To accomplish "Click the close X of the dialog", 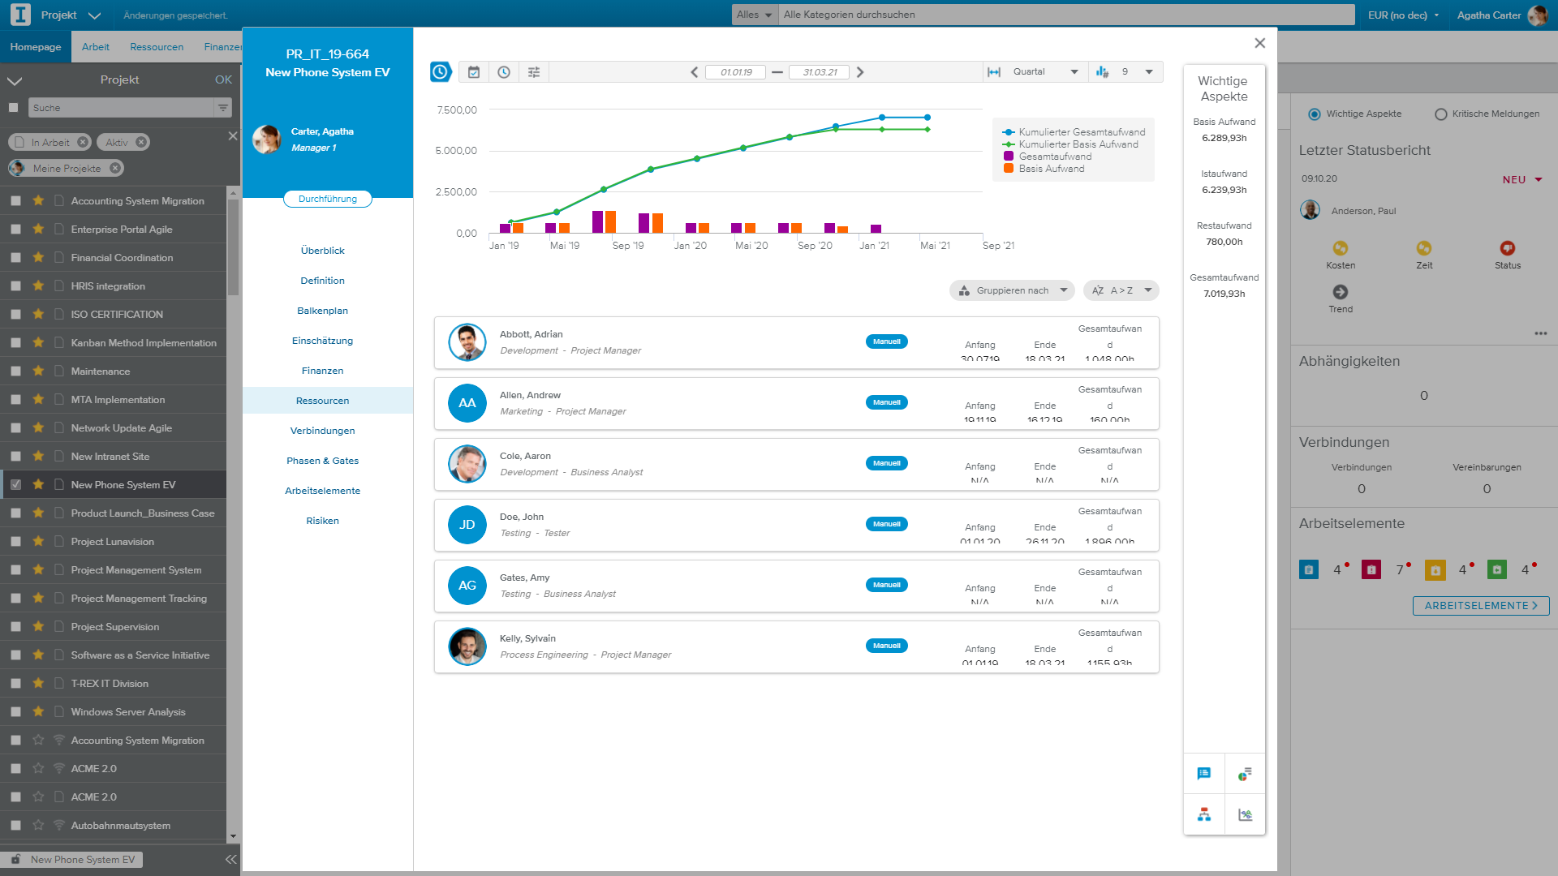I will pos(1259,43).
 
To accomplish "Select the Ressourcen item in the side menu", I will pos(322,401).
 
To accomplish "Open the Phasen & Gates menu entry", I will pos(322,461).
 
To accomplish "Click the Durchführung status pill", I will pos(327,199).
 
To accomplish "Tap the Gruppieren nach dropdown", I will pos(1012,290).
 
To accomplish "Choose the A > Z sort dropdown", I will pos(1121,290).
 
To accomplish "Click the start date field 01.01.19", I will pos(735,72).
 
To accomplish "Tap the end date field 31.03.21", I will pos(819,72).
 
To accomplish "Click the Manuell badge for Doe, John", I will pos(886,524).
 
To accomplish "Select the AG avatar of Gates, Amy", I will pos(467,586).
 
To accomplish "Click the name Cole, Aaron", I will pos(525,456).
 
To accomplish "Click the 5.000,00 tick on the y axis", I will pos(456,151).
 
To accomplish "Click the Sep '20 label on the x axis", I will pos(815,246).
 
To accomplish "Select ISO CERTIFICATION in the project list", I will pos(117,315).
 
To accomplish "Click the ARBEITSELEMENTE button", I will pos(1480,606).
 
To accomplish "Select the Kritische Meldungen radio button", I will pos(1441,114).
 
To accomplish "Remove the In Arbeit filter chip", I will pos(83,143).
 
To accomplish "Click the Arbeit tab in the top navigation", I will pos(95,47).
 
